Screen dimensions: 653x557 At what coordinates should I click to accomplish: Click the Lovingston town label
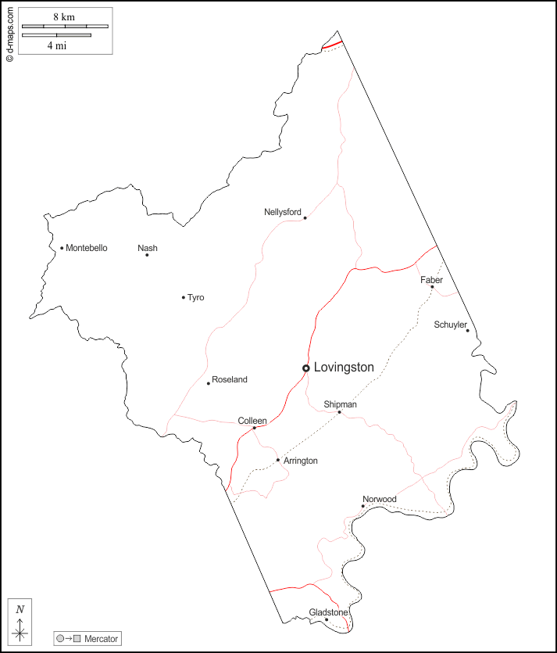pos(344,367)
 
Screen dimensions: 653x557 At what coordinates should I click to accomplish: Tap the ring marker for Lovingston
pos(306,368)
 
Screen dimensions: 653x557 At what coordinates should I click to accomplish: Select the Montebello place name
pos(87,248)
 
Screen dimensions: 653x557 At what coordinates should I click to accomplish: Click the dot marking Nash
pos(147,255)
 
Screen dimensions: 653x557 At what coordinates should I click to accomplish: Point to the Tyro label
pos(196,297)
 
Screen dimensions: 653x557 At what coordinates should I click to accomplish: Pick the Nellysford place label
pos(283,212)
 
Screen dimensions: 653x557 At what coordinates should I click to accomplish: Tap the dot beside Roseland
pos(209,383)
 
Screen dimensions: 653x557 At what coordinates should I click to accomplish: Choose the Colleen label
pos(252,421)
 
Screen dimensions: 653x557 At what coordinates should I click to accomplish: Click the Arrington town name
pos(301,461)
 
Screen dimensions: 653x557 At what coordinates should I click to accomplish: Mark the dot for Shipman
pos(339,412)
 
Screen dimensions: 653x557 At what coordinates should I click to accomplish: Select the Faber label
pos(431,280)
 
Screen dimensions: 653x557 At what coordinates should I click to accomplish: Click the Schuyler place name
pos(451,325)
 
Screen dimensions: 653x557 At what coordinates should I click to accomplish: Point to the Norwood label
pos(380,499)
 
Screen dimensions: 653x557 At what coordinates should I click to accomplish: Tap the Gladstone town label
pos(328,612)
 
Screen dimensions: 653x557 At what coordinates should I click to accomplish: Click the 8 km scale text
pos(64,17)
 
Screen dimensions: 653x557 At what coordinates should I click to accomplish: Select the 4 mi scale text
pos(56,45)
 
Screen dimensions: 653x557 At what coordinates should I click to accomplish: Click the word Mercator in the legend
pos(102,639)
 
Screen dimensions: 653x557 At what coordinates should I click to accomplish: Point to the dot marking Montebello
pos(62,249)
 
